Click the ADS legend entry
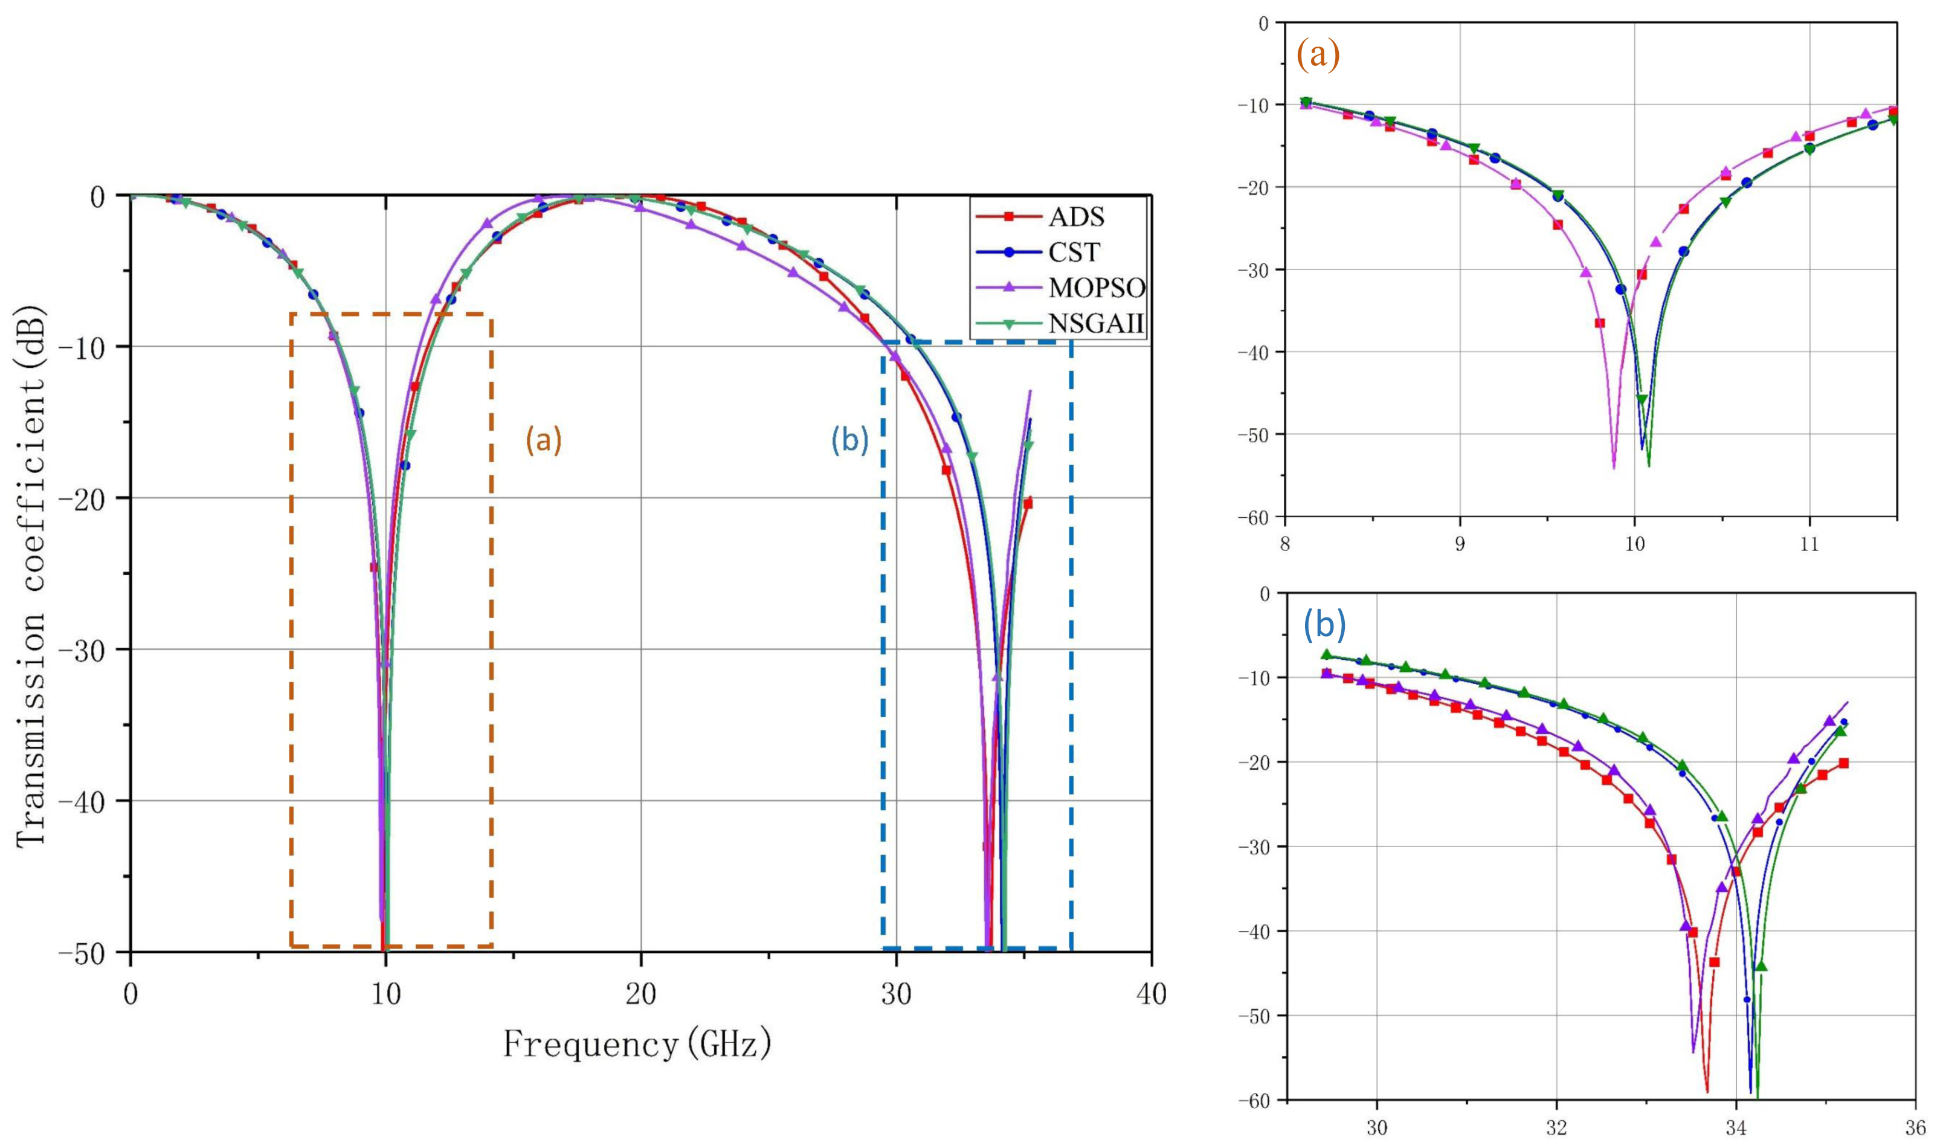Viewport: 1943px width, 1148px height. pos(1076,218)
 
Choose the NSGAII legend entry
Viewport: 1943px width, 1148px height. pos(1095,323)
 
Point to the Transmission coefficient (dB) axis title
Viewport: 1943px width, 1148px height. pos(33,576)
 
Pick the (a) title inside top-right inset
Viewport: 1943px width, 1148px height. pos(1318,56)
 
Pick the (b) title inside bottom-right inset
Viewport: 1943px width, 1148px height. pos(1325,625)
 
